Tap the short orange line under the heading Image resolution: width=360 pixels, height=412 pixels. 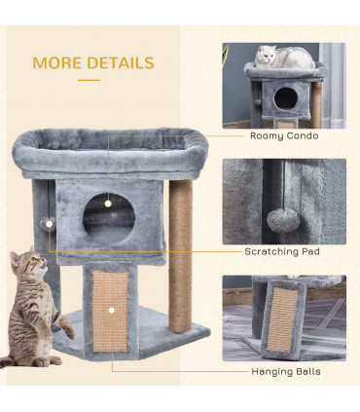click(x=90, y=80)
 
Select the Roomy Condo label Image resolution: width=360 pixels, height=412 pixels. click(x=284, y=135)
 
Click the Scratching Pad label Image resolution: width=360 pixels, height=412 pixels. click(x=282, y=251)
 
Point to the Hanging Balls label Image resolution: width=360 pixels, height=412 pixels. click(x=286, y=371)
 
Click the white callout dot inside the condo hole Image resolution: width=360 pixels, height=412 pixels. click(x=108, y=204)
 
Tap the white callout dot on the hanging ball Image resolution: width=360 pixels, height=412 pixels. click(x=50, y=224)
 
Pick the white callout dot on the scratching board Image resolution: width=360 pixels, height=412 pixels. click(x=112, y=311)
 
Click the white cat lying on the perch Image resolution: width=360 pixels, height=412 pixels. click(x=284, y=57)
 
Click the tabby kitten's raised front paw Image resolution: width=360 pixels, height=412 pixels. click(x=69, y=332)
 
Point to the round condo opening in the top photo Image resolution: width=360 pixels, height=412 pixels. click(x=286, y=98)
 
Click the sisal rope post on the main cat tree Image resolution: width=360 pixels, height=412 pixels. click(x=180, y=256)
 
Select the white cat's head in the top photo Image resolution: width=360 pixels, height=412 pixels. click(x=266, y=56)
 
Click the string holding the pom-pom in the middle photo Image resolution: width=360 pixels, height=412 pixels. click(x=284, y=184)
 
